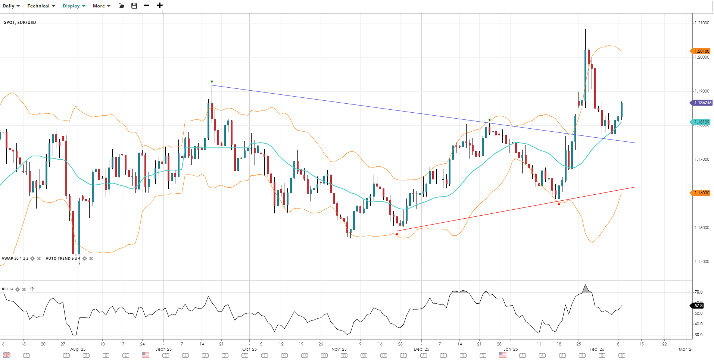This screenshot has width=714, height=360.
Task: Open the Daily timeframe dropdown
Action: point(11,6)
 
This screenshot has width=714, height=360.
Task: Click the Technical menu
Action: point(41,6)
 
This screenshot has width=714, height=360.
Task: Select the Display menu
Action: point(74,6)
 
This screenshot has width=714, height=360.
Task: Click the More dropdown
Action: point(101,6)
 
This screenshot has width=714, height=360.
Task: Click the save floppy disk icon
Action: point(134,6)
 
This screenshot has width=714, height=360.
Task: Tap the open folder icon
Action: point(121,6)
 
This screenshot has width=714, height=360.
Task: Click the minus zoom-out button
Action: point(146,6)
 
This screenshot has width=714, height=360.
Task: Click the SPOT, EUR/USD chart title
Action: point(20,22)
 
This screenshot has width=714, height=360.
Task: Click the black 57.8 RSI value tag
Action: point(698,306)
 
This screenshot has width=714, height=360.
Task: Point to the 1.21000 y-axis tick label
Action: point(702,23)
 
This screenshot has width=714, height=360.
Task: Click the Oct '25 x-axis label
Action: point(249,349)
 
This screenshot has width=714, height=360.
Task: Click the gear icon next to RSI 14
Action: point(18,289)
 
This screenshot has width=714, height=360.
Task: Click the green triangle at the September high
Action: point(212,82)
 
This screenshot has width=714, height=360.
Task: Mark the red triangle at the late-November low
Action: point(397,234)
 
